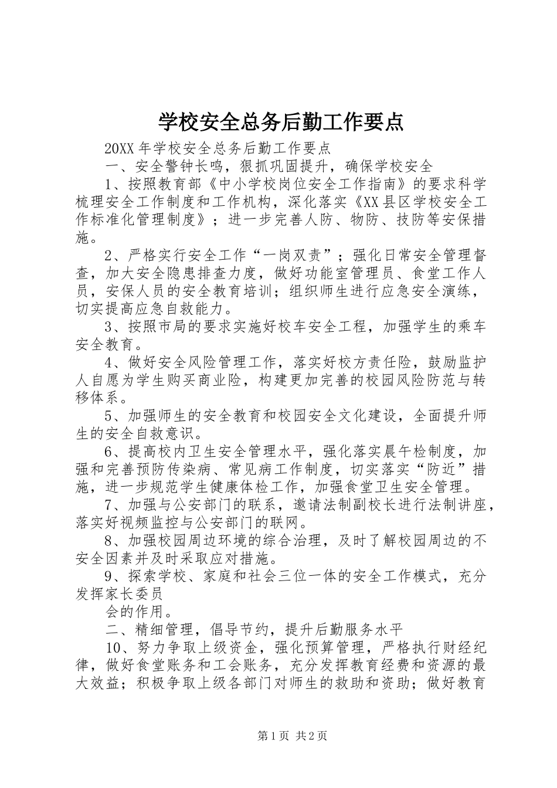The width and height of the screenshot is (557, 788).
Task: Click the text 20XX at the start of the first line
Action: click(x=117, y=148)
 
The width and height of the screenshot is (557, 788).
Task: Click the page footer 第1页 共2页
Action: click(x=293, y=736)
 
